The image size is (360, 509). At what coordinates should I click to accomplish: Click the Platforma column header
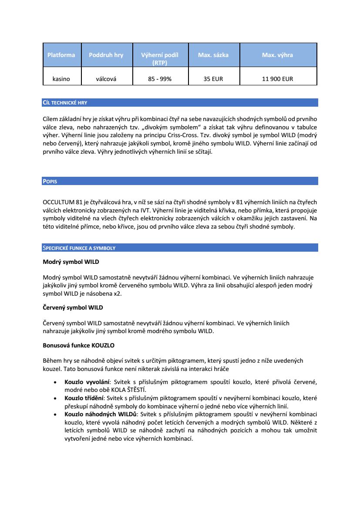click(61, 55)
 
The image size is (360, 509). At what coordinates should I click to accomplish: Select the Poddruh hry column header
click(106, 55)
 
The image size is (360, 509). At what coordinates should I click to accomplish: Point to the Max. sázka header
click(213, 55)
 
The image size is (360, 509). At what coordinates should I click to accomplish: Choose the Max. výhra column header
click(277, 55)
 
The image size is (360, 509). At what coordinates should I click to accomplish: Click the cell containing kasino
click(61, 79)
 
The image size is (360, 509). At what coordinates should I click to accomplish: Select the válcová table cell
click(106, 79)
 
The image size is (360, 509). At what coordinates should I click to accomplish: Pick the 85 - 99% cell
click(160, 79)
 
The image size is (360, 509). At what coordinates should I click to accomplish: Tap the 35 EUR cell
click(213, 79)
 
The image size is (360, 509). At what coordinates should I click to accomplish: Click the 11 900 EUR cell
click(277, 79)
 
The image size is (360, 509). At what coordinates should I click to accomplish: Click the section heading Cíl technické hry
click(65, 103)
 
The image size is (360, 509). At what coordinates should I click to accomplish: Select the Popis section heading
click(50, 181)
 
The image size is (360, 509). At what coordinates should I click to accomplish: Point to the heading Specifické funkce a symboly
click(79, 248)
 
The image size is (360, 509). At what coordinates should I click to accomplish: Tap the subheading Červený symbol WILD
click(73, 307)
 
